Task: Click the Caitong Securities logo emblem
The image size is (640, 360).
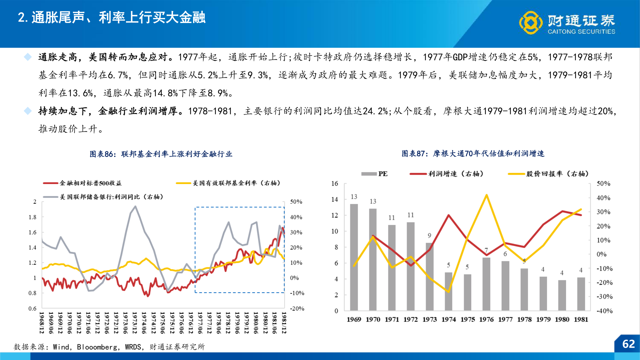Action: [531, 23]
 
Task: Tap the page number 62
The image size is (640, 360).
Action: [628, 344]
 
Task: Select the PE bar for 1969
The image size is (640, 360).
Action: [354, 257]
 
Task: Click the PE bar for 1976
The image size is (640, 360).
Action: [486, 284]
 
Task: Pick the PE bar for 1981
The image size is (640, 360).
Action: [581, 294]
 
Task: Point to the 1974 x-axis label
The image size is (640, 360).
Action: [449, 319]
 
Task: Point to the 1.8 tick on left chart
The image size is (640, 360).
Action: [32, 217]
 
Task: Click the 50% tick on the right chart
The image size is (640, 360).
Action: [603, 183]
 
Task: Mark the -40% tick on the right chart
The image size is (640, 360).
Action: [604, 311]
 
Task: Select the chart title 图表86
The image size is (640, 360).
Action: [161, 154]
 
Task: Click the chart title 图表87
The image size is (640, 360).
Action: [473, 153]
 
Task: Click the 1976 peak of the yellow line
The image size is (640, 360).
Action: [487, 195]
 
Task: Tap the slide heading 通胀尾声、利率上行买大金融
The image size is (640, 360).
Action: [112, 17]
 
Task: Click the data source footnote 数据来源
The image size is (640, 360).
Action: [109, 347]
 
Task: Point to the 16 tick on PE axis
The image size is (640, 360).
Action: [335, 183]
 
